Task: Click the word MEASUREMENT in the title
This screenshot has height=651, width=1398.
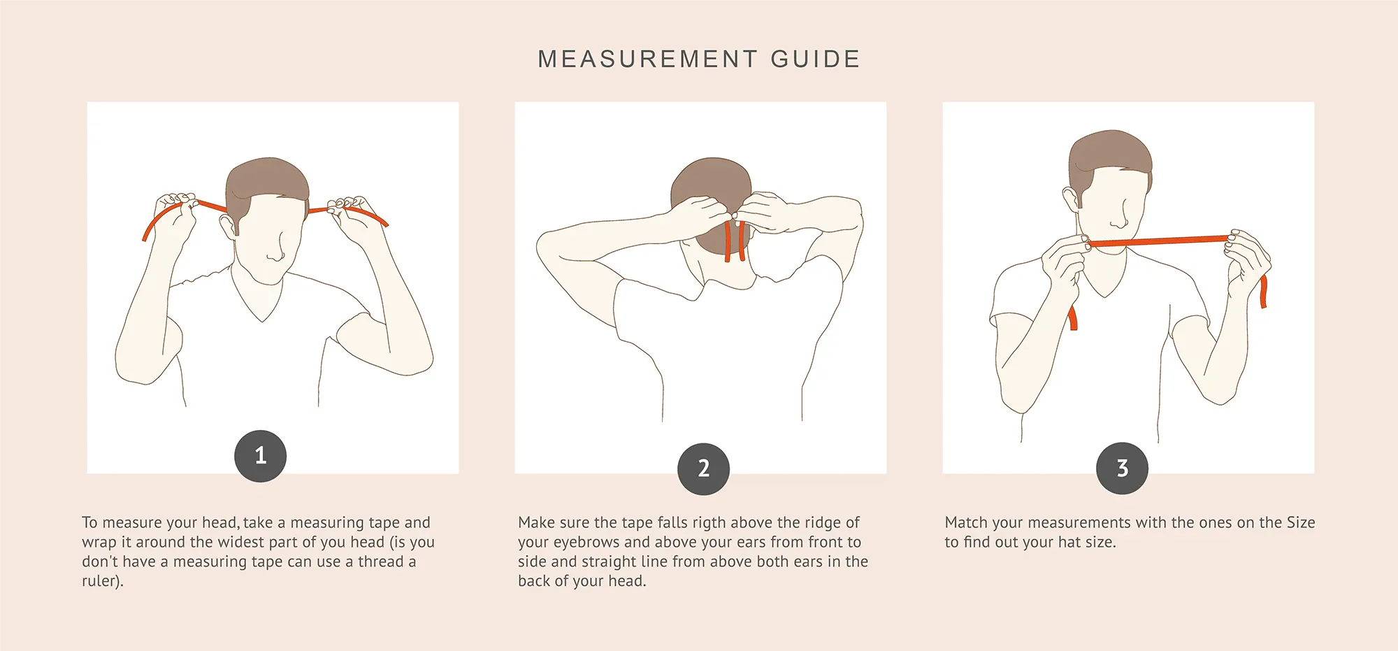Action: pos(647,59)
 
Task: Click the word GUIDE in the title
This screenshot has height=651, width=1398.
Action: pos(815,59)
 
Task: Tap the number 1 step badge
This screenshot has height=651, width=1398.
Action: pos(261,456)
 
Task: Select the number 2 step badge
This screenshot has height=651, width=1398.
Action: pos(704,468)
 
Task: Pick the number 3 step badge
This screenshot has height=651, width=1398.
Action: pos(1123,468)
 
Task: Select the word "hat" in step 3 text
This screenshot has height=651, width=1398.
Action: pos(1067,543)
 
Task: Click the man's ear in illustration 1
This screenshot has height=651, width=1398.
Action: pos(227,225)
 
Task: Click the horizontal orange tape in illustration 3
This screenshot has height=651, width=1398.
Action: pos(1158,242)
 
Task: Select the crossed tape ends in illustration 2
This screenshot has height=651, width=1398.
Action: pos(735,241)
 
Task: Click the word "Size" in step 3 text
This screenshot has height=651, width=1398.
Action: pos(1301,523)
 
